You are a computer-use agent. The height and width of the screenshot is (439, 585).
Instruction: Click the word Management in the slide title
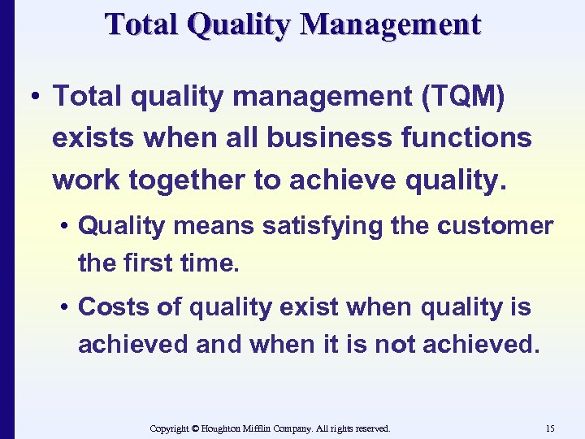[x=391, y=24]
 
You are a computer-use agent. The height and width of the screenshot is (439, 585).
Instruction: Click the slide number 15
[x=550, y=428]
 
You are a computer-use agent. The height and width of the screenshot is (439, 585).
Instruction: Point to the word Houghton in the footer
[x=223, y=428]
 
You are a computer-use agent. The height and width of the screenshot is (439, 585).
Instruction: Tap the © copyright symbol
[x=193, y=428]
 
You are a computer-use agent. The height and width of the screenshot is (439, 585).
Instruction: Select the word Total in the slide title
[x=143, y=24]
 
